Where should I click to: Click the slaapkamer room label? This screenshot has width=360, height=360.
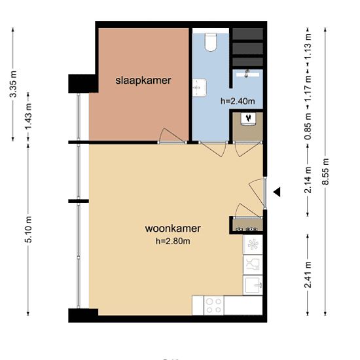pyautogui.click(x=143, y=81)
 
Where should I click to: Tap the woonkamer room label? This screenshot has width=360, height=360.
pyautogui.click(x=173, y=228)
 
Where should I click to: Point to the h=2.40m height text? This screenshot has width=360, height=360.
pyautogui.click(x=238, y=101)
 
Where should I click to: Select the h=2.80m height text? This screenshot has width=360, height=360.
pyautogui.click(x=173, y=241)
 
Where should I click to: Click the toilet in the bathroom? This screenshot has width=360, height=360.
pyautogui.click(x=211, y=42)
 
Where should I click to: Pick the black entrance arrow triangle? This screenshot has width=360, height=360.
pyautogui.click(x=277, y=192)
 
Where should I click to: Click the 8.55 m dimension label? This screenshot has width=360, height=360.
pyautogui.click(x=325, y=171)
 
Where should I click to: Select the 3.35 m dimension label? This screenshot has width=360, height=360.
pyautogui.click(x=13, y=84)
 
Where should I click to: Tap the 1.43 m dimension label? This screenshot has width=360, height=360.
pyautogui.click(x=28, y=117)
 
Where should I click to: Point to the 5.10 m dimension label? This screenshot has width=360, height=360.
pyautogui.click(x=28, y=230)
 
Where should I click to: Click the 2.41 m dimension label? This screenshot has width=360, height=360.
pyautogui.click(x=308, y=275)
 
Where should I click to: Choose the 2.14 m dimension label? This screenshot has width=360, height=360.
pyautogui.click(x=308, y=180)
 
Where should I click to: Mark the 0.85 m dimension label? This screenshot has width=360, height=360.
pyautogui.click(x=308, y=126)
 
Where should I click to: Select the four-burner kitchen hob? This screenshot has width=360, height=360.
pyautogui.click(x=214, y=306)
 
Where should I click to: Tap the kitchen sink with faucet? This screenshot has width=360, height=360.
pyautogui.click(x=253, y=285)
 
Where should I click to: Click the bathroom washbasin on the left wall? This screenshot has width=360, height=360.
pyautogui.click(x=200, y=88)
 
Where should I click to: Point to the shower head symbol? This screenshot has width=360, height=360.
pyautogui.click(x=247, y=73)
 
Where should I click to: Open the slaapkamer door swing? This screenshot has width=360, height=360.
pyautogui.click(x=172, y=136)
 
